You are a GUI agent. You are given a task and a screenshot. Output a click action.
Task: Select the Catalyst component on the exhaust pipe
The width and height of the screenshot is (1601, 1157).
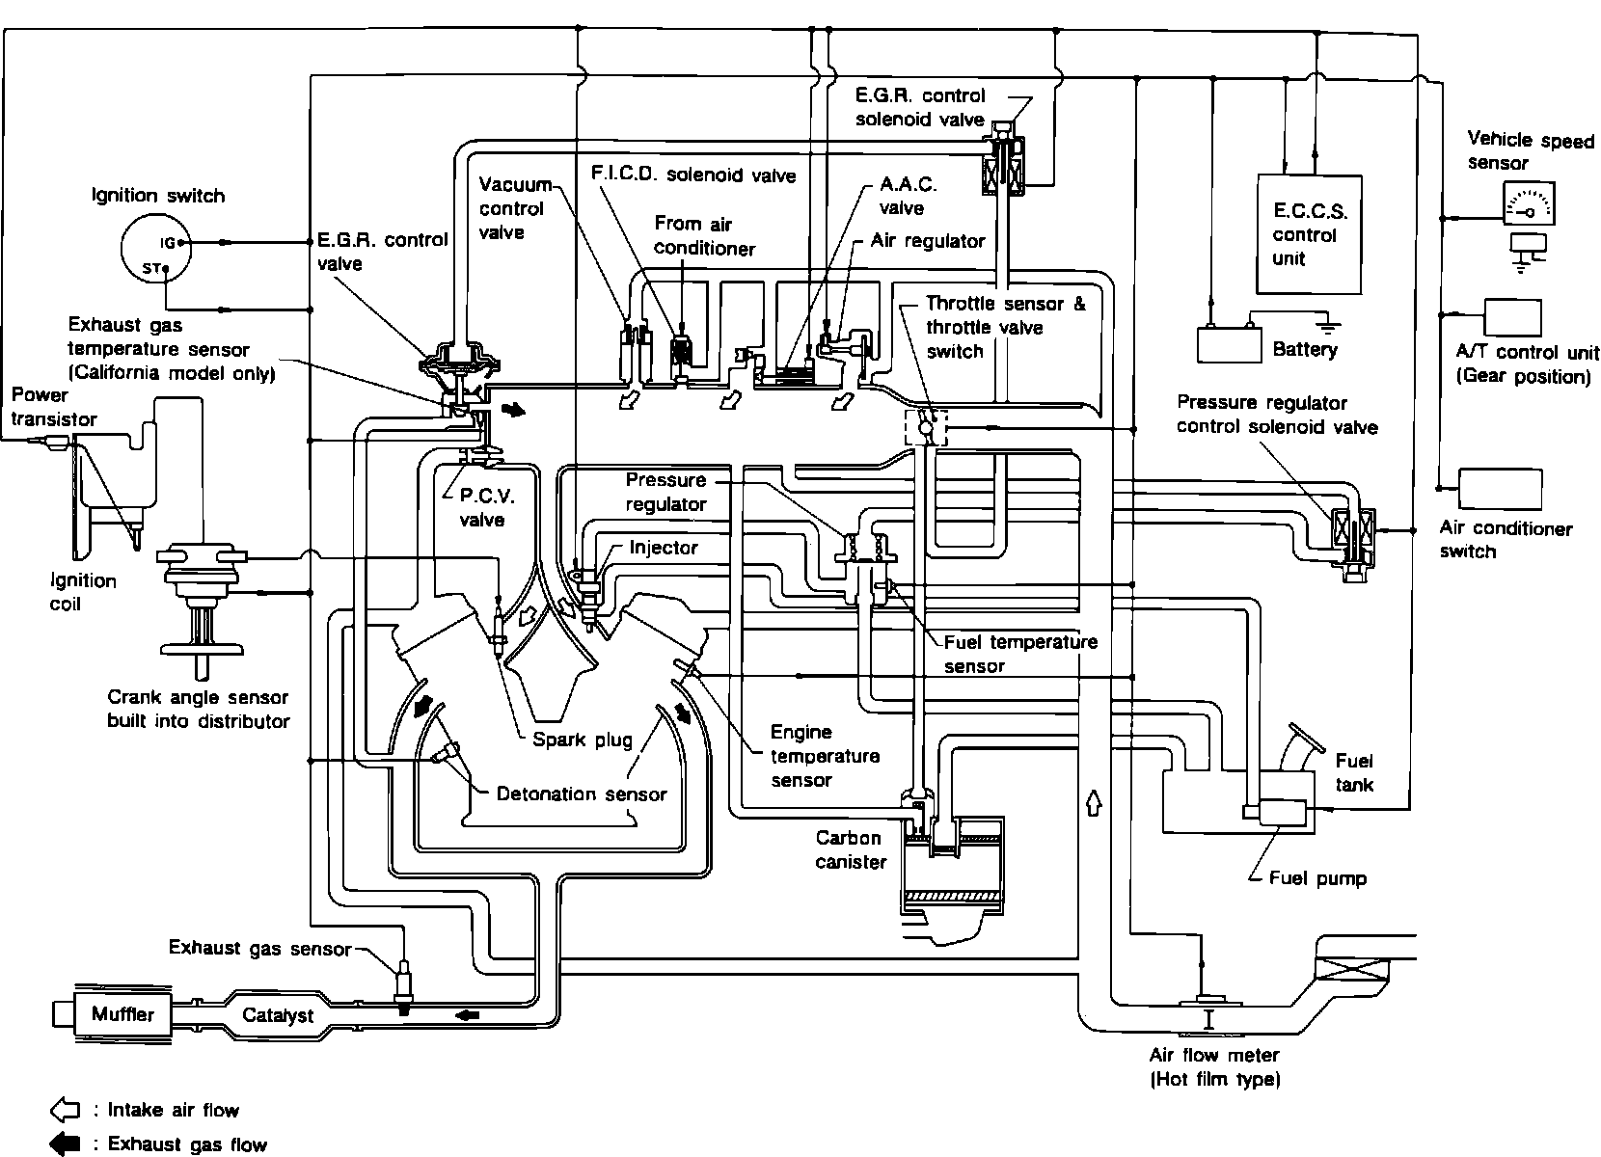[278, 1015]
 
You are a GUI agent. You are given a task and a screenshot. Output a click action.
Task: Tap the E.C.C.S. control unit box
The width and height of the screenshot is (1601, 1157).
[1309, 234]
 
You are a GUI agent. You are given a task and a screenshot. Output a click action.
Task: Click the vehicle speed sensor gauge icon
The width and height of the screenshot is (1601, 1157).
[1529, 203]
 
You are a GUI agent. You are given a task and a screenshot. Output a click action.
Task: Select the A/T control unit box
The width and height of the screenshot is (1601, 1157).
[1511, 317]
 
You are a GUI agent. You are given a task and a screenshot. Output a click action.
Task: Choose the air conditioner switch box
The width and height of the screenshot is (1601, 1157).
[1500, 489]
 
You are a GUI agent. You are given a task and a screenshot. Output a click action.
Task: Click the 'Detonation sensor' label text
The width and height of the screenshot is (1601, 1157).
[582, 794]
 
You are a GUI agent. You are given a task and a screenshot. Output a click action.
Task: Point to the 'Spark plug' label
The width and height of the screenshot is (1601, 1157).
[583, 740]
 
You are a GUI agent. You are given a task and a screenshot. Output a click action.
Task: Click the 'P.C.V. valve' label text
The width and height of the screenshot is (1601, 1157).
[481, 508]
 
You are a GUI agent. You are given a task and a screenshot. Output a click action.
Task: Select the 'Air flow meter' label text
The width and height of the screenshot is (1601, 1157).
[1213, 1055]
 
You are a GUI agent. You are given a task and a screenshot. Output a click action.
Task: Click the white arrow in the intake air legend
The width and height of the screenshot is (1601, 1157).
[64, 1110]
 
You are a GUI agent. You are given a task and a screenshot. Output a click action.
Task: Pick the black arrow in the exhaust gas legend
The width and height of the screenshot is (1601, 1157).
[64, 1144]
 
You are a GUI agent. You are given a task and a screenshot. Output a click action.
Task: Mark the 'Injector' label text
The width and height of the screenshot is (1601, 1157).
[663, 548]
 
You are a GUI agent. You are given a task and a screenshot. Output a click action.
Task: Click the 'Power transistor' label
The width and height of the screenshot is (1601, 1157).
[54, 407]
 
